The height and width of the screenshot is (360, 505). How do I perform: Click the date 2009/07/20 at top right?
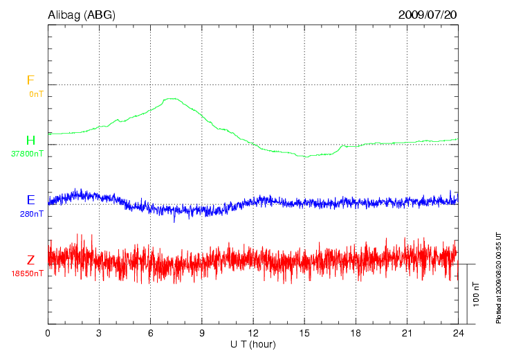(428, 14)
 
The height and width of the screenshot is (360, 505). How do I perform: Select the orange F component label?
(30, 80)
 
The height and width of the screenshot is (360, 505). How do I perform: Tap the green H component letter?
(30, 141)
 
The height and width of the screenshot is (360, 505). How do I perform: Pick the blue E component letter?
(30, 200)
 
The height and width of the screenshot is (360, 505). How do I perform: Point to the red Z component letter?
(30, 260)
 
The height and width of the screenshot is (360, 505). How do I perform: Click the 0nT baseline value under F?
(35, 93)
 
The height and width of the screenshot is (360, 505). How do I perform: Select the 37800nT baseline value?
(28, 154)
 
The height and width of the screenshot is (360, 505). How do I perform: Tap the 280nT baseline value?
(32, 214)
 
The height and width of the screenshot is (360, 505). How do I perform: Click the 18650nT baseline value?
(28, 273)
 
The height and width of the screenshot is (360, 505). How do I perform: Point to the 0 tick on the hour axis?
(48, 333)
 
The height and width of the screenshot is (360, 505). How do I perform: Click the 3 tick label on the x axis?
(99, 333)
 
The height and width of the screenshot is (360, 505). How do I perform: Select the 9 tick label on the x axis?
(201, 333)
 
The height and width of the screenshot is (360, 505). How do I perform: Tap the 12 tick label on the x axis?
(252, 333)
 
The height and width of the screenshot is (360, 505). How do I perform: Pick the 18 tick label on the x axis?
(355, 333)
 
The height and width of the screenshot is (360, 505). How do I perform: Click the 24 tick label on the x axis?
(457, 333)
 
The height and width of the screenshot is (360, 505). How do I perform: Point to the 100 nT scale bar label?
(476, 295)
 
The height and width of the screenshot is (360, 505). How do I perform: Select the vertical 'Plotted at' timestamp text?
(498, 277)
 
